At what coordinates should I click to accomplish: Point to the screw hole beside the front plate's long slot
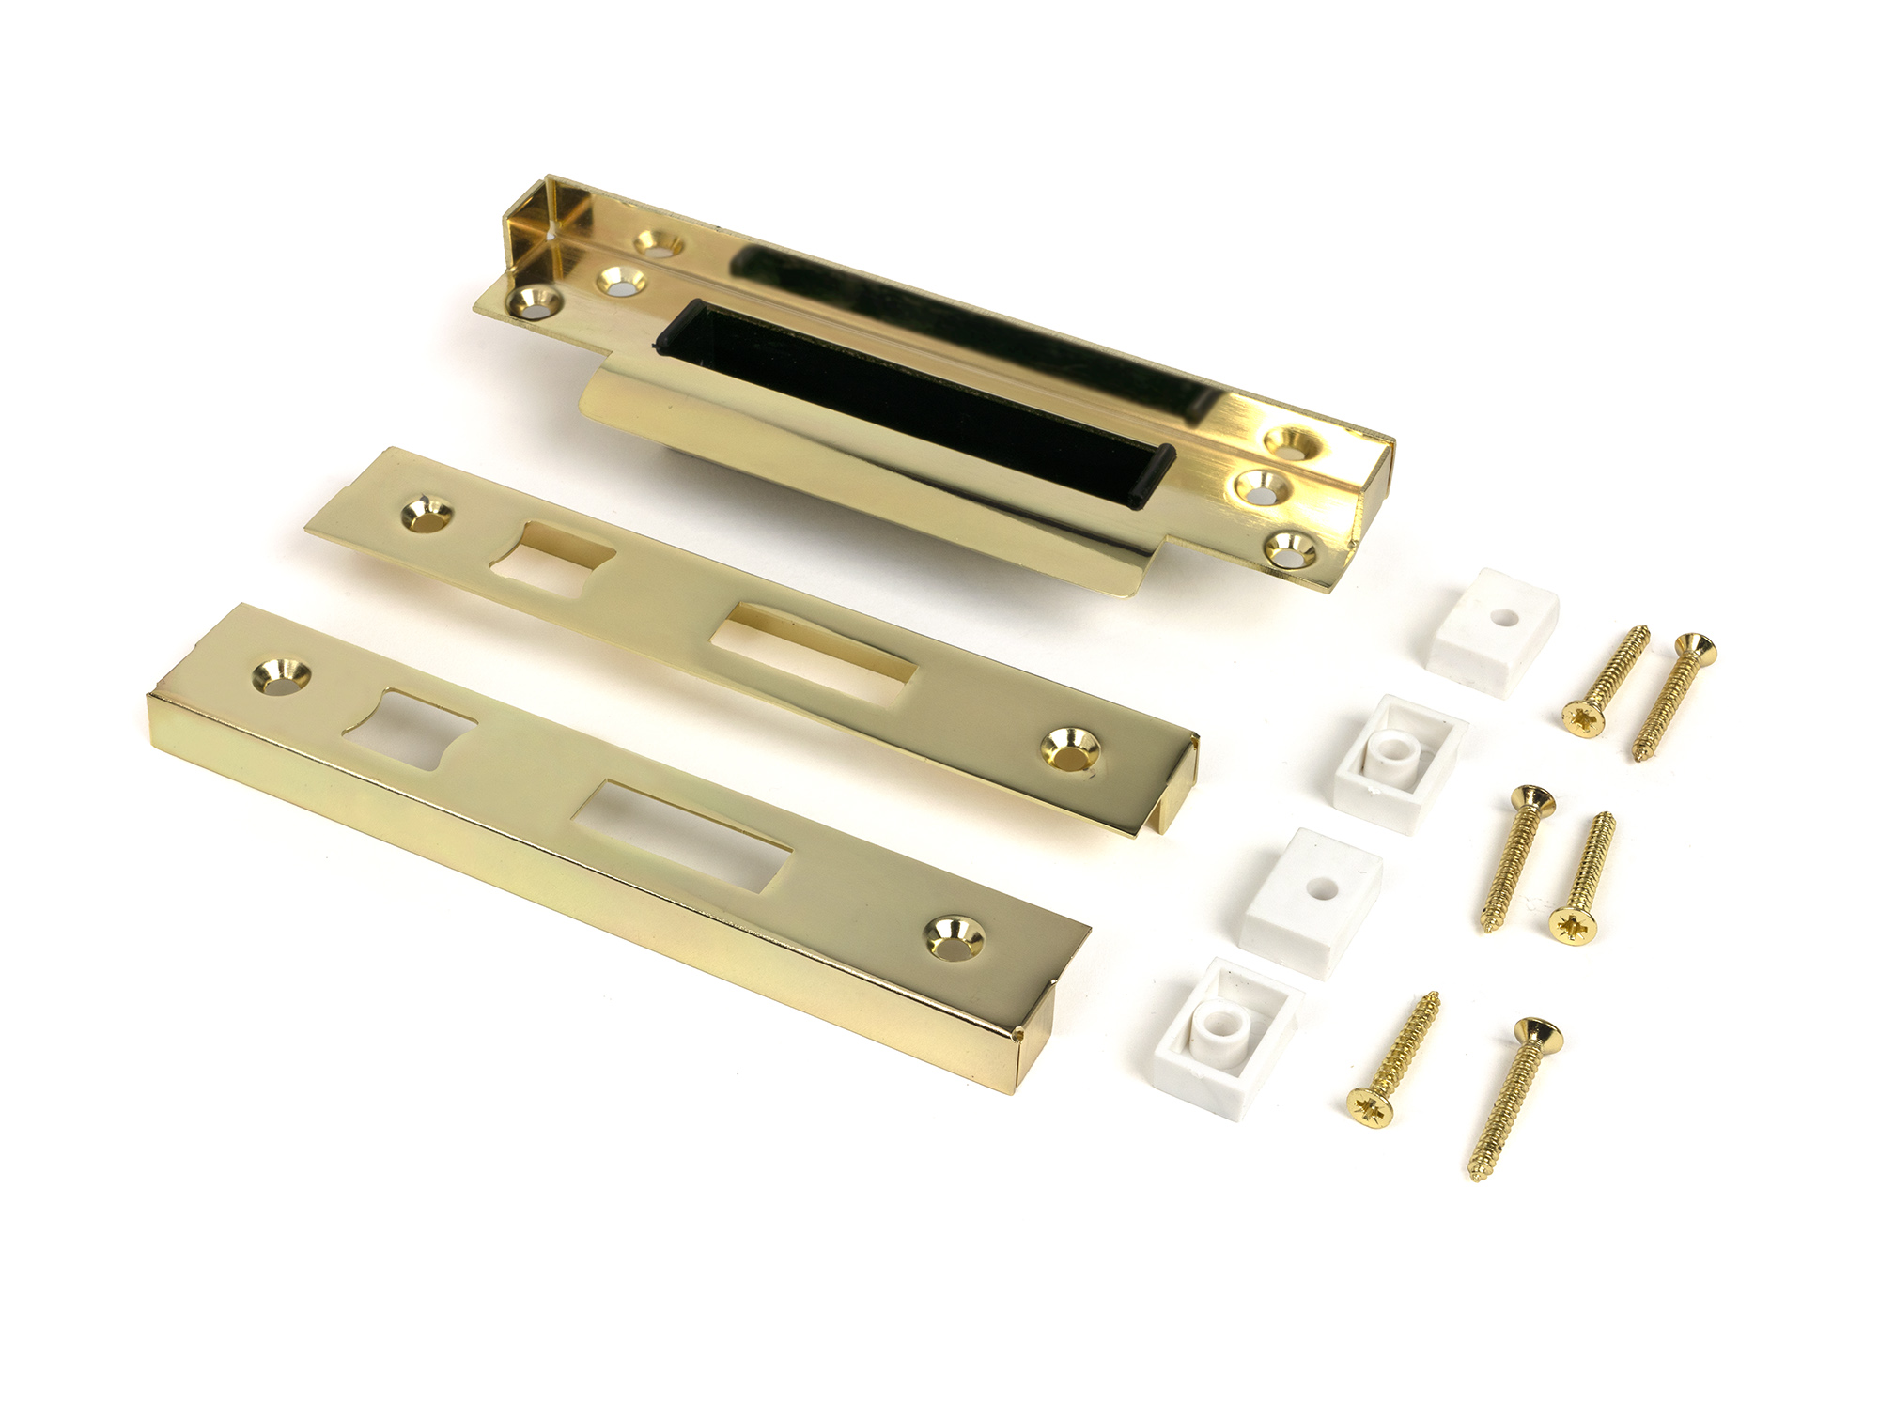coord(953,936)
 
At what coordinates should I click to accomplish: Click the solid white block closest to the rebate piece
coord(1488,629)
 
